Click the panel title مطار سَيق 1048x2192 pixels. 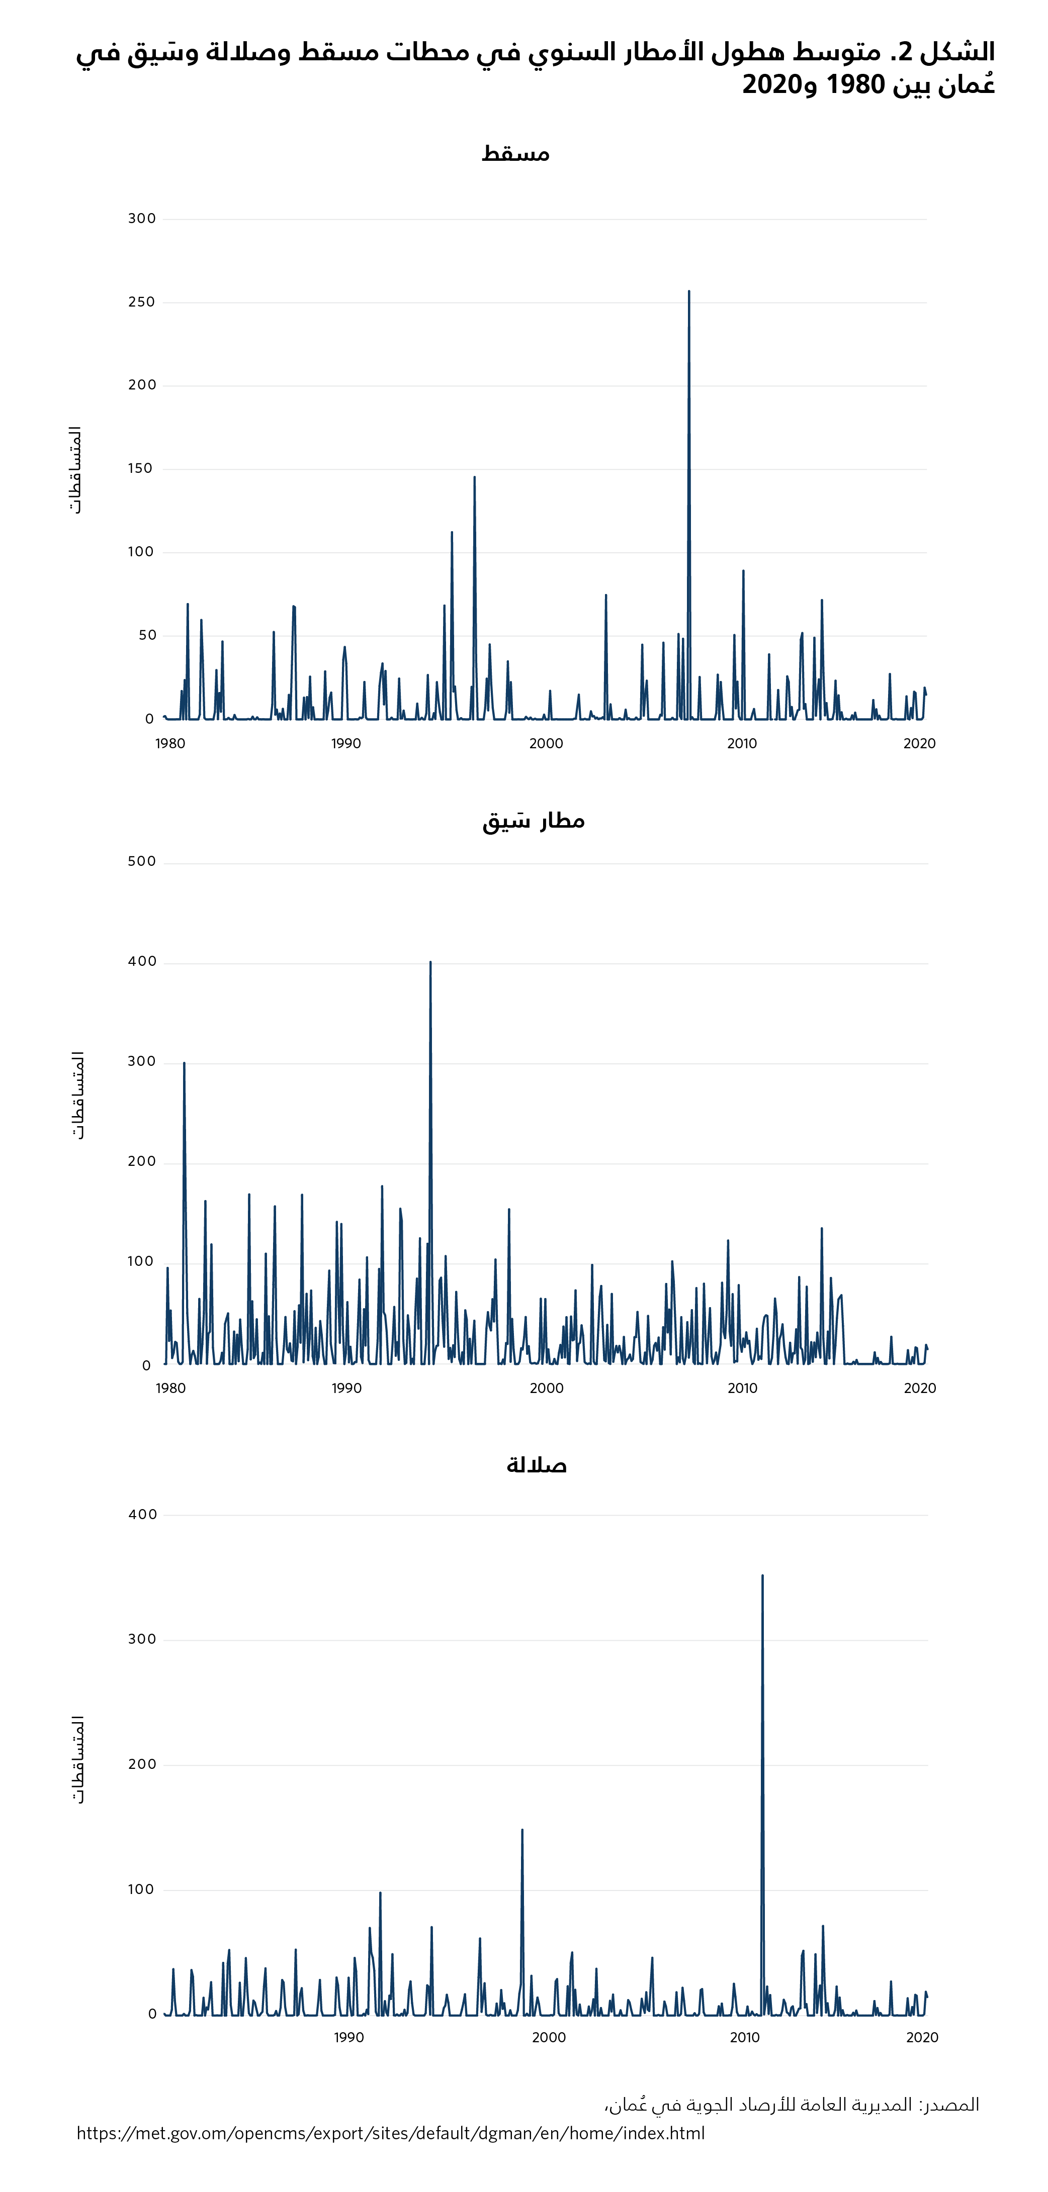coord(533,821)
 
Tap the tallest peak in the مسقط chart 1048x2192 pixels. coord(689,292)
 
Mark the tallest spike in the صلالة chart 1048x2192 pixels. coord(762,1576)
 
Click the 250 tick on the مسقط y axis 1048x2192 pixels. coord(141,302)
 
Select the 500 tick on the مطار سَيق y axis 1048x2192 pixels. coord(141,862)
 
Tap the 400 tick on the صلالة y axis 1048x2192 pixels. coord(142,1515)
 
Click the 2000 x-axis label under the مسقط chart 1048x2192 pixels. coord(546,744)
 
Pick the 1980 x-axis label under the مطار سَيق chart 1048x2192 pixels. coord(170,1389)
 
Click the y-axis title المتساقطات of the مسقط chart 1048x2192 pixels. coord(76,470)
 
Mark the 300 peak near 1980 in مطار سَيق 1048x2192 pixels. coord(184,1064)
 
